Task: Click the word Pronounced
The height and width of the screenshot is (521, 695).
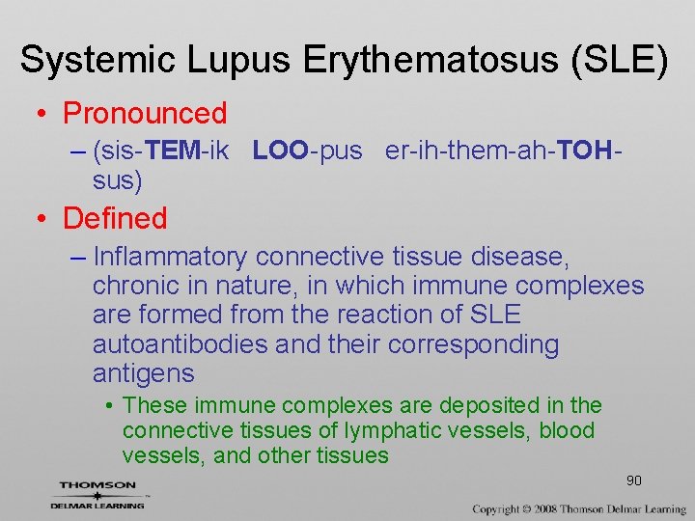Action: pyautogui.click(x=145, y=114)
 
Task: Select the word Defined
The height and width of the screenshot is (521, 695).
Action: pyautogui.click(x=115, y=219)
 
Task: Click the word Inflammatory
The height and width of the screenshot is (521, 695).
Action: pyautogui.click(x=171, y=258)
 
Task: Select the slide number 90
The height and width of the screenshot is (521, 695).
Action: pyautogui.click(x=634, y=480)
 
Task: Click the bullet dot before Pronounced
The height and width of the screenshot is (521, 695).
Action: pyautogui.click(x=42, y=115)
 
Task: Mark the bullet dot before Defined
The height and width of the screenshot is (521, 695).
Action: pyautogui.click(x=42, y=220)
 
